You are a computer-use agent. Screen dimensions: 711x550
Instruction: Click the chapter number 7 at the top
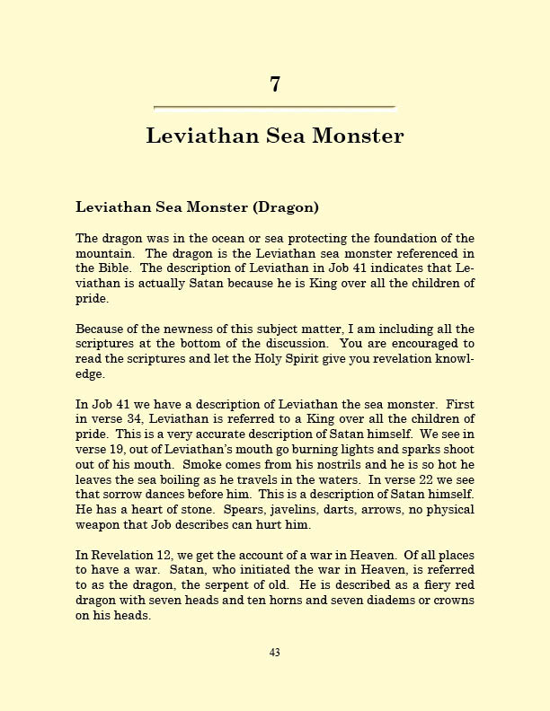coord(275,84)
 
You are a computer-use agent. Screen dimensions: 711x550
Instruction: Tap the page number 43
coord(275,653)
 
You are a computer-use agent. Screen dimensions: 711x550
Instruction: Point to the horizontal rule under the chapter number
coord(275,108)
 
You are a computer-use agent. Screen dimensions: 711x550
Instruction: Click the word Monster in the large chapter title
coord(358,136)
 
